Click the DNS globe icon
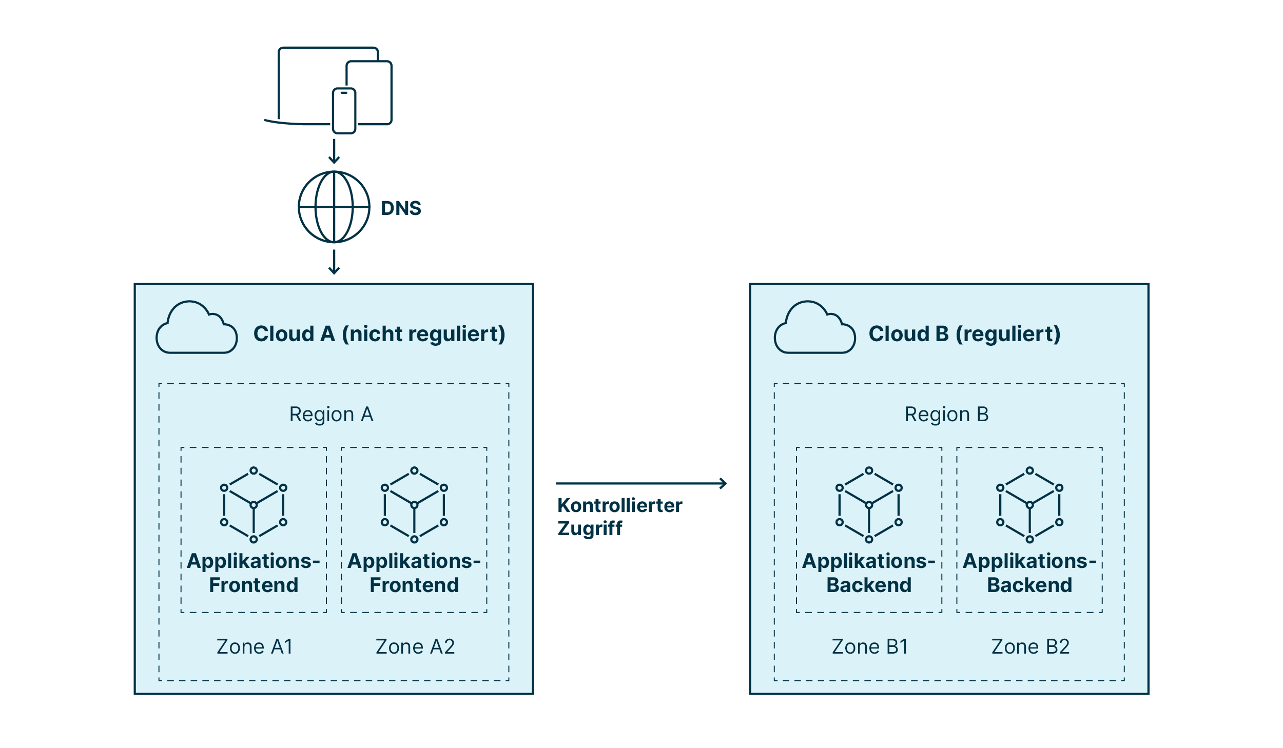pos(334,207)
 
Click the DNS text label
pos(401,208)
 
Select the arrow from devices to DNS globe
pos(334,151)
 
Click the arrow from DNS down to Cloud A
pos(334,262)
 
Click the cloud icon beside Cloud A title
pos(197,328)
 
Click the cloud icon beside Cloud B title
pos(814,328)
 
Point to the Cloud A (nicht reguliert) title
pos(379,334)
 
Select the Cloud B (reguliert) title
pos(964,334)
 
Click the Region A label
pos(331,415)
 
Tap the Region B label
pos(946,415)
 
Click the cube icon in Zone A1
pos(254,505)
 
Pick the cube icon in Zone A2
pos(414,505)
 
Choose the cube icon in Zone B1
pos(869,505)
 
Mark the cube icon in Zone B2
pos(1029,505)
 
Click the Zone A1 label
pos(255,647)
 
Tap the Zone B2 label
pos(1031,647)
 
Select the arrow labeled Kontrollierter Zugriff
pos(641,483)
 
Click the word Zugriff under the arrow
pos(590,528)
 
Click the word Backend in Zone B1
pos(869,585)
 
